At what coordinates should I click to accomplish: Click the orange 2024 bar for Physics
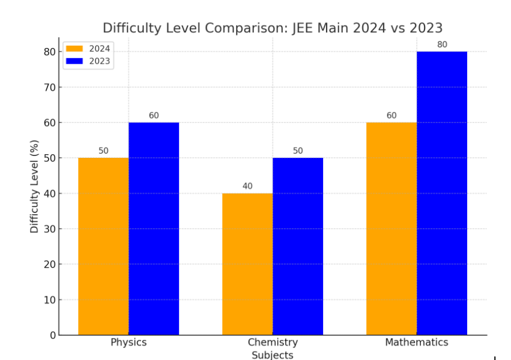103,246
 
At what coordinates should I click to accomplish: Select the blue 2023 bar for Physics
154,229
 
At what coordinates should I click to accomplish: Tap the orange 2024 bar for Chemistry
247,264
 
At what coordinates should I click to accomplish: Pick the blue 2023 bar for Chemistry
298,246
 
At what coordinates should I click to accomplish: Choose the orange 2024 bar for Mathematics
392,229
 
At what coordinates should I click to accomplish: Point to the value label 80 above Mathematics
442,44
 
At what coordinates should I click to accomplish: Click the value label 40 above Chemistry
247,186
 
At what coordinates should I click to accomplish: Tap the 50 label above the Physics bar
103,151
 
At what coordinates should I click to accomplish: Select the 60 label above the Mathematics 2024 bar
392,115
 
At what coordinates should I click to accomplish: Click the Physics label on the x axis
129,343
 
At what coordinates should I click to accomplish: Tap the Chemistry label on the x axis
273,343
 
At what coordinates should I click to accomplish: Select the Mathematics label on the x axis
417,343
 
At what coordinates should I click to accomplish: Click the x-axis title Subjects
273,355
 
